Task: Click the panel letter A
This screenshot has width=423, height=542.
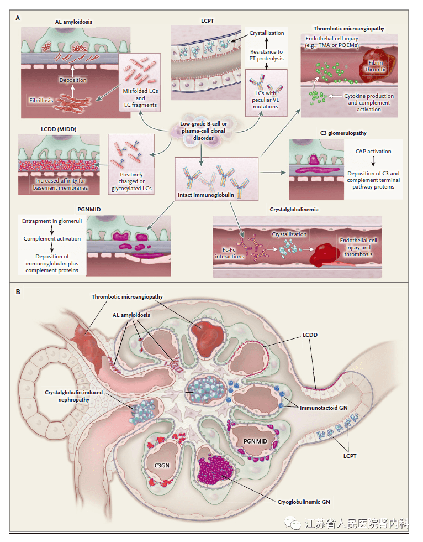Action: tap(18, 18)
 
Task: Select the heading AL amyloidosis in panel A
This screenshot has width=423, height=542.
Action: tap(73, 22)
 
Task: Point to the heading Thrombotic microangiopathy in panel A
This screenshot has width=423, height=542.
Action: tap(349, 28)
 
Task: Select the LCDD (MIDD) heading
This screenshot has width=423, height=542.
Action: tap(58, 129)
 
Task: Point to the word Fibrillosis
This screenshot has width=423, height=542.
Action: tap(41, 101)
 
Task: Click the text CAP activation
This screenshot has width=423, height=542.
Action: tap(373, 151)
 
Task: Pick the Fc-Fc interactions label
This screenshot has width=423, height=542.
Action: tap(229, 253)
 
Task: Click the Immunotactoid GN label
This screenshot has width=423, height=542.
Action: tap(322, 408)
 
